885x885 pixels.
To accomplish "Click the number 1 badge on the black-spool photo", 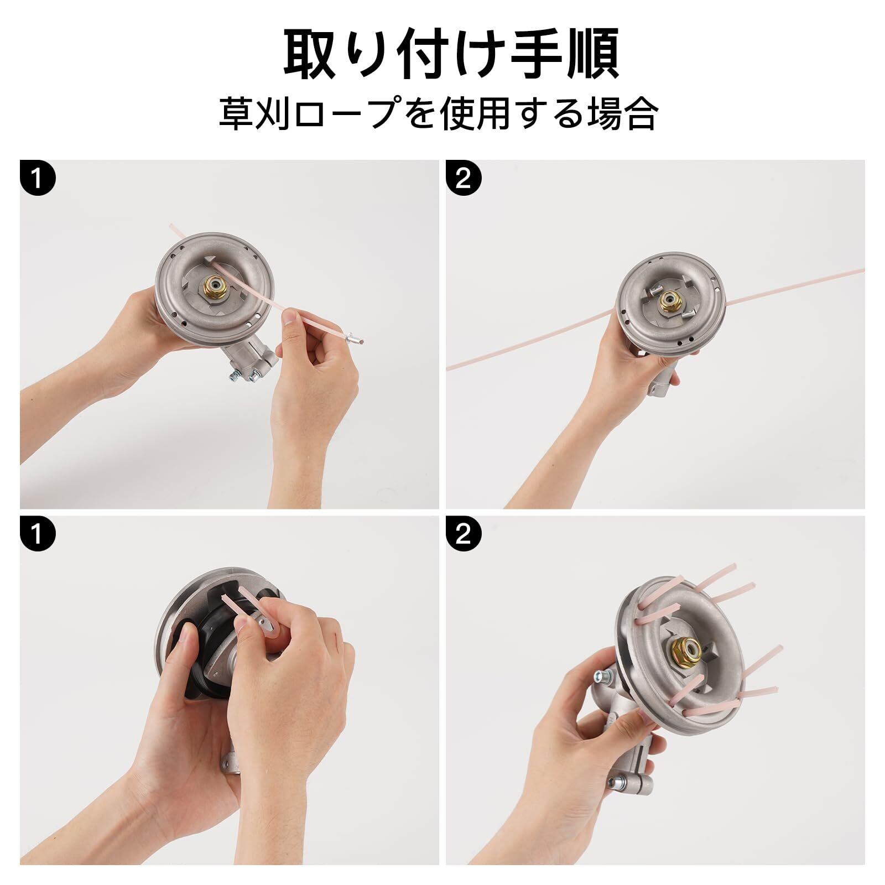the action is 37,537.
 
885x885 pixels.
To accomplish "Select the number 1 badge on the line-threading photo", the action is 37,179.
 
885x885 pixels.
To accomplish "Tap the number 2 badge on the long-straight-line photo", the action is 464,179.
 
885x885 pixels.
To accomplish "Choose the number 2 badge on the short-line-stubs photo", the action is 464,537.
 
